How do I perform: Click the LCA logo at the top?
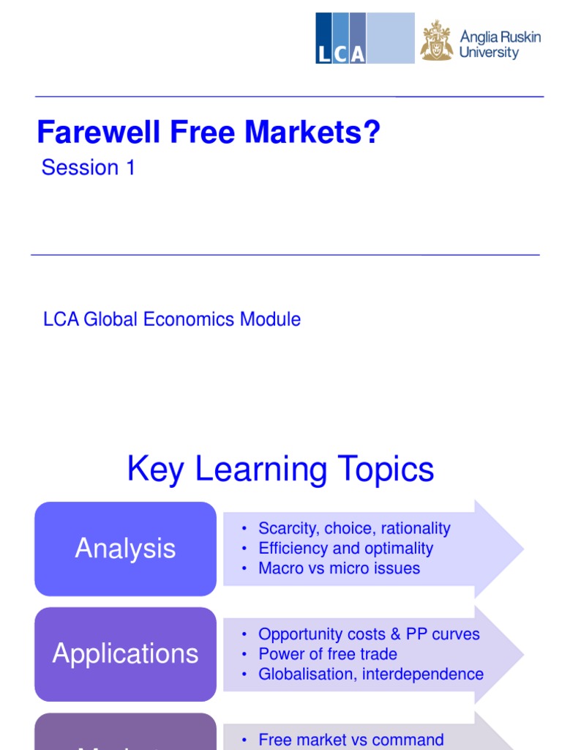pos(364,38)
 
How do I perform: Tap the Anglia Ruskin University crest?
pos(436,40)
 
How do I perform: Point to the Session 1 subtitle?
pos(89,168)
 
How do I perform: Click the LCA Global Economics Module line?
pos(172,319)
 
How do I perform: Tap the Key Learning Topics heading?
pos(280,469)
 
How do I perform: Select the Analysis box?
pos(125,549)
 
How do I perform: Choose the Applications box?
pos(125,654)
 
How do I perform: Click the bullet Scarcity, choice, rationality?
pos(354,529)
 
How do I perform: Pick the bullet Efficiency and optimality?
pos(345,549)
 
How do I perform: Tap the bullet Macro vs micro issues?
pos(339,568)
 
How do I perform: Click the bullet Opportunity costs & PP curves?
pos(369,634)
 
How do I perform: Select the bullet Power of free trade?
pos(328,654)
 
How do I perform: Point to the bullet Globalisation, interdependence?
pos(371,674)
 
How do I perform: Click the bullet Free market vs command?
pos(351,740)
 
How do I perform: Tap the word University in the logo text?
pos(489,53)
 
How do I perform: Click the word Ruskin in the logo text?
pos(519,37)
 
